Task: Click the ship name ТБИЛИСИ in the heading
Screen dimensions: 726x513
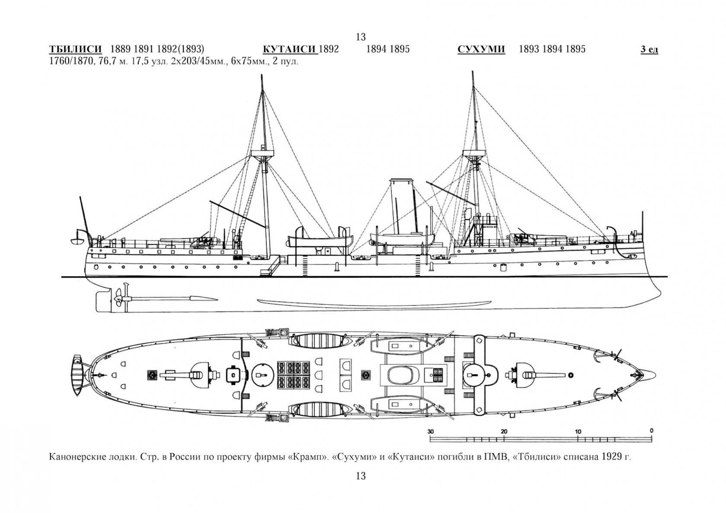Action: [76, 49]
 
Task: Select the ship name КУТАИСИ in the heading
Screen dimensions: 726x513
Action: [290, 49]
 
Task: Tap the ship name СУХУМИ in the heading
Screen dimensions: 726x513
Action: [481, 49]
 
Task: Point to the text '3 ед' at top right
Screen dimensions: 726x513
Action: [649, 50]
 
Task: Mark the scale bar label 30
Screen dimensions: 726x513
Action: [430, 431]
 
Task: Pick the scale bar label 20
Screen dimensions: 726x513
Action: [504, 431]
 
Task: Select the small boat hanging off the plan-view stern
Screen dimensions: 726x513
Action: [77, 375]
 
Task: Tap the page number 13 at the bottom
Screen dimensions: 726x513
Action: [361, 476]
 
